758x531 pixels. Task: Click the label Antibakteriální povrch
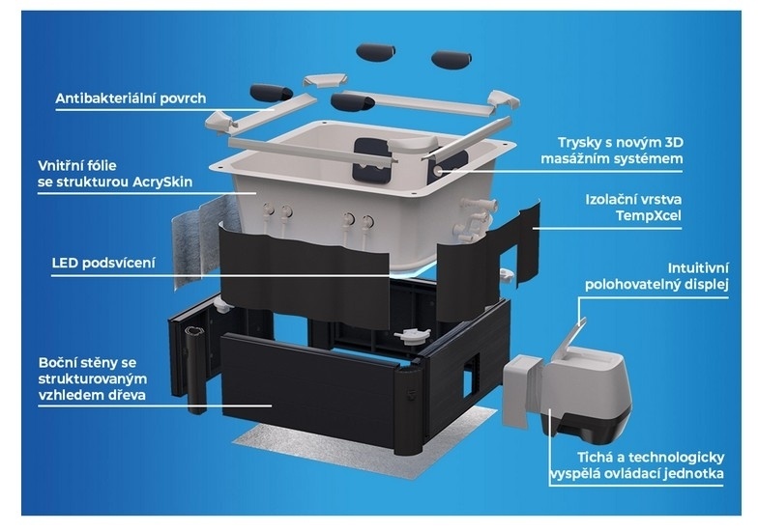[131, 98]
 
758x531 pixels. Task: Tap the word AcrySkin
[162, 182]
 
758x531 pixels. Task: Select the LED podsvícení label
[103, 263]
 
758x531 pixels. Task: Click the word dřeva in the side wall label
[128, 395]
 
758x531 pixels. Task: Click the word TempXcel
[648, 215]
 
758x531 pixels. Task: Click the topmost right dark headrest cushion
[452, 60]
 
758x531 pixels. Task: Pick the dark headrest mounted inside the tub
[371, 160]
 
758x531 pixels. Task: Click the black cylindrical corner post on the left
[195, 368]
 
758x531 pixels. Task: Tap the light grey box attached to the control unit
[521, 391]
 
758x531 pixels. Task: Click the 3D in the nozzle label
[674, 143]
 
